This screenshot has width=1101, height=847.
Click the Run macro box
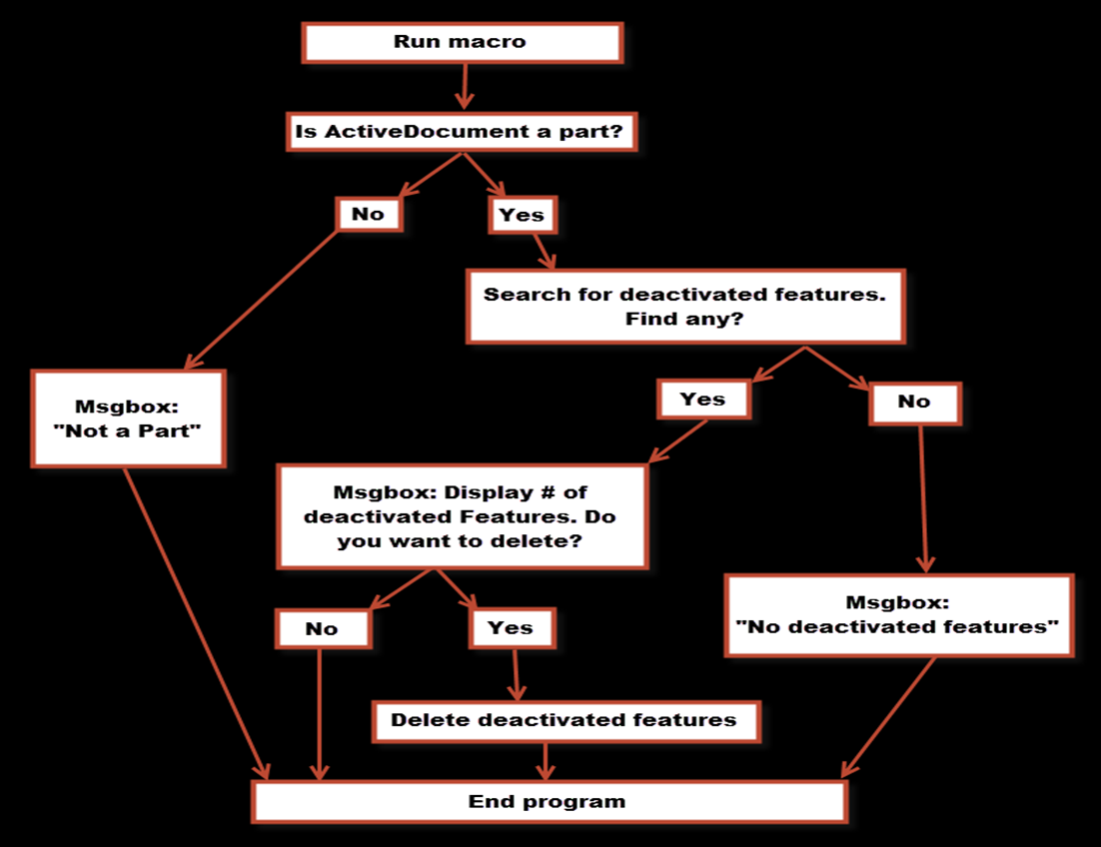[x=462, y=42]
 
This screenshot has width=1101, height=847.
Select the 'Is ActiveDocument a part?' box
[x=462, y=131]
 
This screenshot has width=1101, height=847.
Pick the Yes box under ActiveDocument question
[x=523, y=215]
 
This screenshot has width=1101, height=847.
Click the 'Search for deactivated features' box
[x=685, y=306]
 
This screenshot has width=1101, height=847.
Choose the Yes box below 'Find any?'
[x=703, y=400]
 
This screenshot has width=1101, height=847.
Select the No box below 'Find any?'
[x=915, y=403]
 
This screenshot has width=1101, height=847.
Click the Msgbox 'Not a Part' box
[x=128, y=419]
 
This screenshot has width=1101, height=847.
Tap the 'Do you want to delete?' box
[x=462, y=516]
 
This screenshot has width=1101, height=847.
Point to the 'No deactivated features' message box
[x=899, y=615]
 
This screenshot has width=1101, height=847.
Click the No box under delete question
[x=323, y=629]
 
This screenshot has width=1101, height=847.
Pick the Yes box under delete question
[x=512, y=628]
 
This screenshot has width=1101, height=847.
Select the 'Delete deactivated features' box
[x=565, y=721]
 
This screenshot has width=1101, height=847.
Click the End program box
[x=550, y=801]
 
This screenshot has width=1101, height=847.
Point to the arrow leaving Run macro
[x=464, y=86]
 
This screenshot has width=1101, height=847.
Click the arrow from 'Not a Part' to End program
[x=197, y=623]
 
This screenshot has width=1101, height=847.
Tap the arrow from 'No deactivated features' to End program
[x=888, y=717]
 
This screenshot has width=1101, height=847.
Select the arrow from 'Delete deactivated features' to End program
[x=546, y=761]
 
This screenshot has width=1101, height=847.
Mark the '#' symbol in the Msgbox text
[x=548, y=492]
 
